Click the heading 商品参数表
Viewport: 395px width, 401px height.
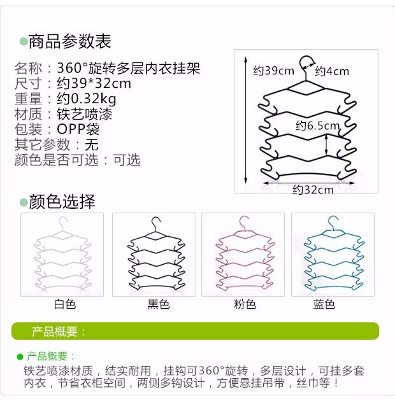pyautogui.click(x=69, y=42)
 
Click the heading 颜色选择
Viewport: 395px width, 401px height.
pyautogui.click(x=61, y=202)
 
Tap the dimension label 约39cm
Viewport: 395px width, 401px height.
pyautogui.click(x=273, y=71)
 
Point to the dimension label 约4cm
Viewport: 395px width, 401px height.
pyautogui.click(x=332, y=71)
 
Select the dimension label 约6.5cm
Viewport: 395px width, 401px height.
pyautogui.click(x=318, y=126)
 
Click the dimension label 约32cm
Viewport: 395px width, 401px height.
pyautogui.click(x=313, y=190)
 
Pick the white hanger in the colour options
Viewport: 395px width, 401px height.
pyautogui.click(x=62, y=255)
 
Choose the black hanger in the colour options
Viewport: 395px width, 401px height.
pyautogui.click(x=154, y=255)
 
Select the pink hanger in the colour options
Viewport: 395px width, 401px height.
pyautogui.click(x=243, y=255)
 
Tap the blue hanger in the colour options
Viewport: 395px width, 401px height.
pyautogui.click(x=332, y=255)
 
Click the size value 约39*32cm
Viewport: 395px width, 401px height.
pyautogui.click(x=94, y=83)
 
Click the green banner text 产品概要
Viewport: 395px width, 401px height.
pyautogui.click(x=59, y=332)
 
